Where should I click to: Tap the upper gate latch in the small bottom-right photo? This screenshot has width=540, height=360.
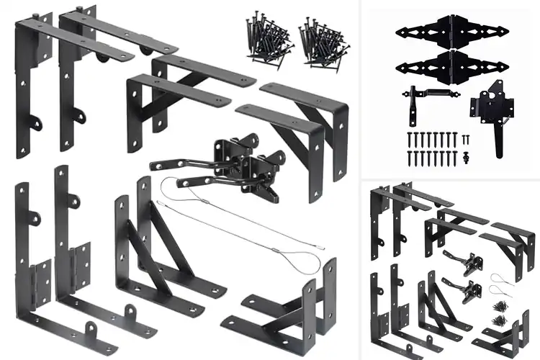(454, 259)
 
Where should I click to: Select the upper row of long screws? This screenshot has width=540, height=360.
(432, 138)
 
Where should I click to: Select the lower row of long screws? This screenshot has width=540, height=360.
(432, 156)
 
